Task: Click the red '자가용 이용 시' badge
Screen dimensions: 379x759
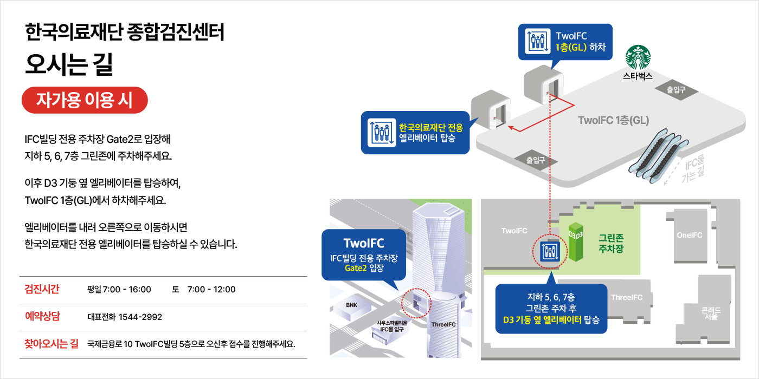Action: (84, 100)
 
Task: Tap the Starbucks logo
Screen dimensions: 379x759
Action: (638, 57)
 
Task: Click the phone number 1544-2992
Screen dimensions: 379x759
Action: (140, 317)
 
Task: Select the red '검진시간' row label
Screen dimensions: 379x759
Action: (42, 289)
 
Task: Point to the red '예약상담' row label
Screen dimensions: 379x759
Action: (42, 317)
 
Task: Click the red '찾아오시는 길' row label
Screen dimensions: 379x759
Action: (52, 343)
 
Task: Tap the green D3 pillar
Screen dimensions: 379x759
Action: (576, 243)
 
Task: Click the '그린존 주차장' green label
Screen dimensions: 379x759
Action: (610, 243)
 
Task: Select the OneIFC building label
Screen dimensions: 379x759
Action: (689, 235)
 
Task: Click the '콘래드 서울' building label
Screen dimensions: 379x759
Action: (711, 313)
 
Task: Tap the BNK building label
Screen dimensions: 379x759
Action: (351, 305)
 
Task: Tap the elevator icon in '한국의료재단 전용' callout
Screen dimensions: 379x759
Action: (379, 133)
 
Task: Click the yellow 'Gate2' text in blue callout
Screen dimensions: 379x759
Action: (356, 268)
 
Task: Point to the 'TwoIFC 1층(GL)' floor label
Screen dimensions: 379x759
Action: (613, 120)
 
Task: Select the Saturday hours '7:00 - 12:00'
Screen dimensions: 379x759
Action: (211, 289)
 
